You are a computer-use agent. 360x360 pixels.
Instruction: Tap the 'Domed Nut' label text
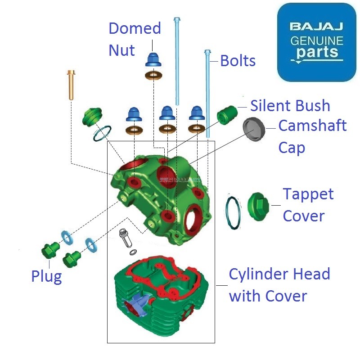pyautogui.click(x=135, y=39)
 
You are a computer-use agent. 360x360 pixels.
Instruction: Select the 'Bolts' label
pyautogui.click(x=238, y=61)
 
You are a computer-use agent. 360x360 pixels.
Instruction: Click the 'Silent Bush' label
pyautogui.click(x=290, y=106)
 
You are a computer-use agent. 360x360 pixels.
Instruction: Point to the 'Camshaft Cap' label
pyautogui.click(x=312, y=136)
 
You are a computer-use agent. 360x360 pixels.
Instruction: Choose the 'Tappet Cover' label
pyautogui.click(x=308, y=205)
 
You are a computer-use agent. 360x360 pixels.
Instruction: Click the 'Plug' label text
pyautogui.click(x=46, y=276)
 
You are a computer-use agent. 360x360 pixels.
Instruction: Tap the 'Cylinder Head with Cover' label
pyautogui.click(x=279, y=285)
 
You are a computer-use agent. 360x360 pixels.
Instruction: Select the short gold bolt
pyautogui.click(x=71, y=85)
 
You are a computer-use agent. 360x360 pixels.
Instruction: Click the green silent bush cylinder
pyautogui.click(x=227, y=115)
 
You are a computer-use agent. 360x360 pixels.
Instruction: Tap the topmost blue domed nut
pyautogui.click(x=153, y=60)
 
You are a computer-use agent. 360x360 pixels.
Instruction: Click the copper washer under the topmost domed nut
pyautogui.click(x=153, y=75)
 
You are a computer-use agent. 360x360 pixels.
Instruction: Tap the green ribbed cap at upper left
pyautogui.click(x=91, y=117)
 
